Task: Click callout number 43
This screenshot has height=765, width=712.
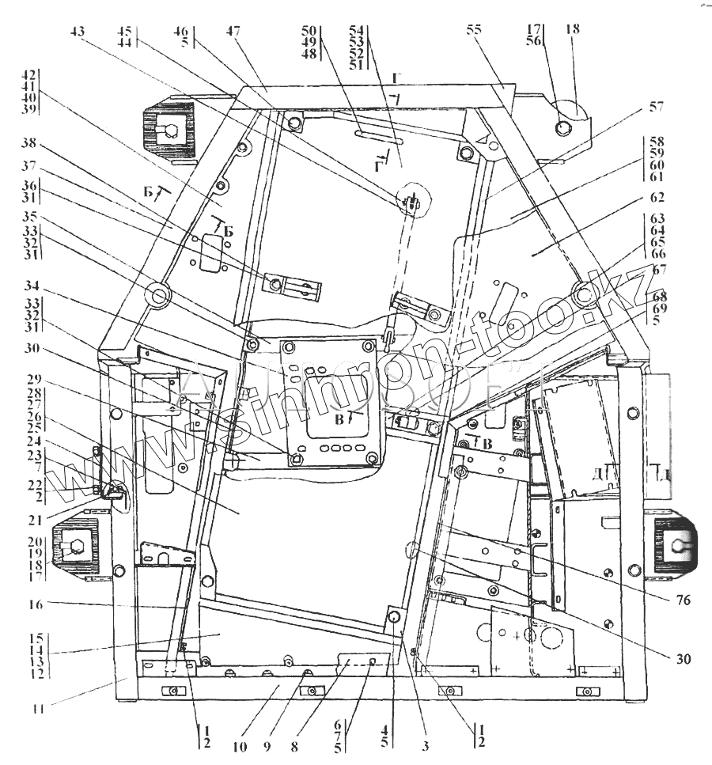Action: click(77, 32)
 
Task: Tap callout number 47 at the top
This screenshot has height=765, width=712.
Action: click(233, 32)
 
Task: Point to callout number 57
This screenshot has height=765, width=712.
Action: click(656, 106)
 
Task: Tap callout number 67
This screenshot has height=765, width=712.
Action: click(659, 269)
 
